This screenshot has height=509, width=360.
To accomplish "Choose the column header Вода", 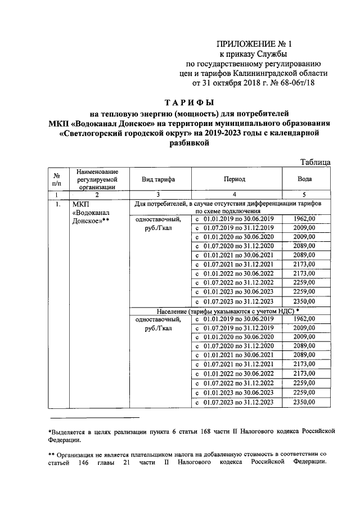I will pos(308,179).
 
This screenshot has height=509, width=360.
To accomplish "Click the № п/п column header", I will pos(57,179).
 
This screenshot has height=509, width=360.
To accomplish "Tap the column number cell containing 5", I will pos(308,194).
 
